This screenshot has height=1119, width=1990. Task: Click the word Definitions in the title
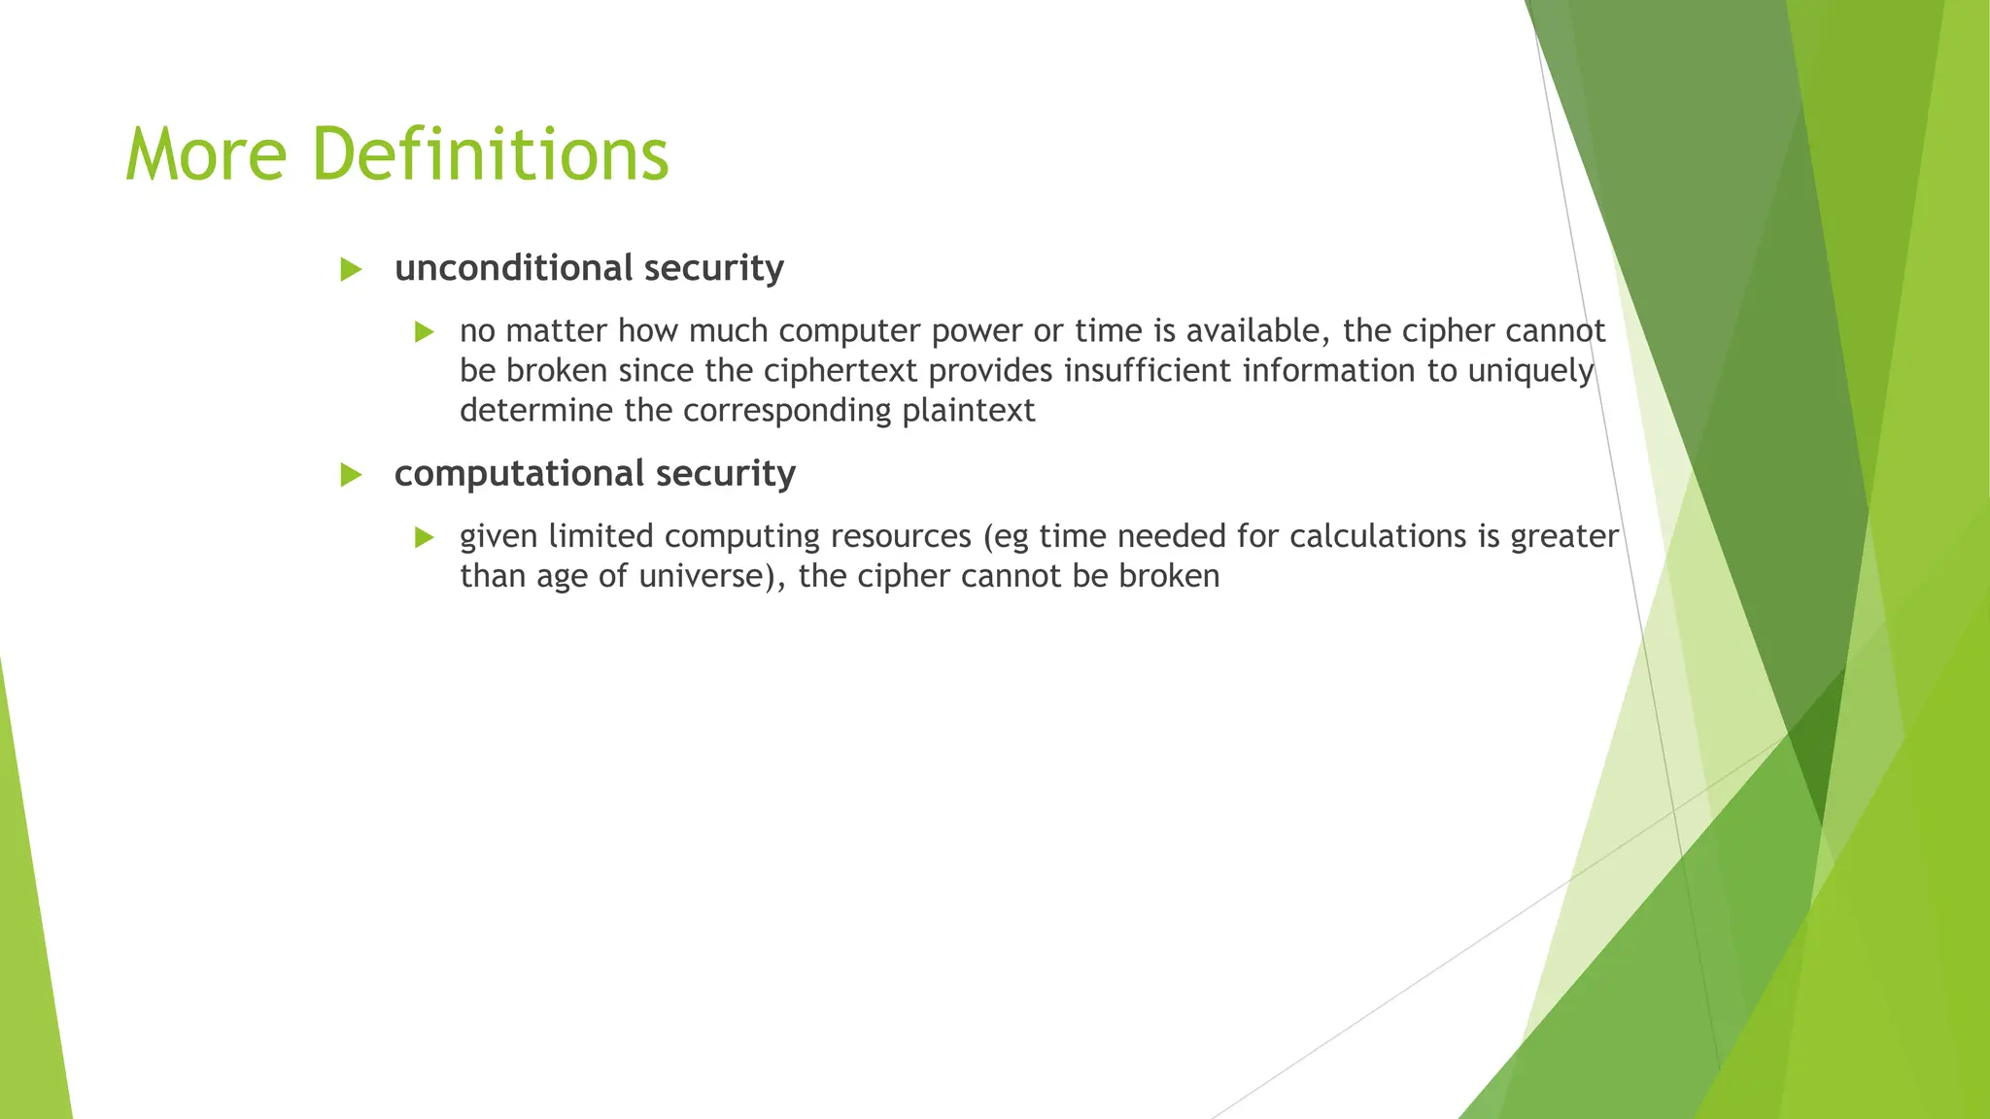point(491,154)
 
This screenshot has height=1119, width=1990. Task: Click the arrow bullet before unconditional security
point(351,270)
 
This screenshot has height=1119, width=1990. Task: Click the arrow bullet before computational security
point(351,475)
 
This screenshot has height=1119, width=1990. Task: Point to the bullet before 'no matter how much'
point(424,332)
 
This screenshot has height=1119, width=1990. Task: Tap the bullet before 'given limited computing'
point(424,537)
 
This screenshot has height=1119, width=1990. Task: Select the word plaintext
point(968,411)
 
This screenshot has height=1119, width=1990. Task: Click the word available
point(1257,331)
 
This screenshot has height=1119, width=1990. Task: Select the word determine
point(536,411)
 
